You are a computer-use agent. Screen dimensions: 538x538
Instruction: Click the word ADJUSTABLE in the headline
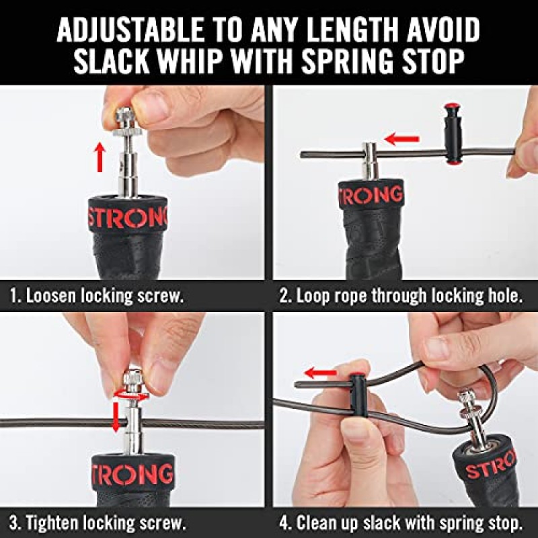(130, 30)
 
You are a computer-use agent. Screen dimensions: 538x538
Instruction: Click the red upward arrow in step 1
(100, 157)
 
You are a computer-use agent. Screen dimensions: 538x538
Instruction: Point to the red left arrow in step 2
(401, 139)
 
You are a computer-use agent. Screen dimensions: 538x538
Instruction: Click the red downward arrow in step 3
(116, 416)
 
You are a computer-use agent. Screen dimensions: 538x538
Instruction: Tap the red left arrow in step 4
(321, 373)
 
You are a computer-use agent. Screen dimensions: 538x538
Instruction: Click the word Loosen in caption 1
(52, 296)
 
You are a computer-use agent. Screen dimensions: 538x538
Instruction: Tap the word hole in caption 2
(502, 295)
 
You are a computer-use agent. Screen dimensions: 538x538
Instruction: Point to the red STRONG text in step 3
(132, 473)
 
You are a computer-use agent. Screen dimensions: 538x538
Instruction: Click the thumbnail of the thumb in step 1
(149, 104)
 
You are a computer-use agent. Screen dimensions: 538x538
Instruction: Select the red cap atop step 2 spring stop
(452, 104)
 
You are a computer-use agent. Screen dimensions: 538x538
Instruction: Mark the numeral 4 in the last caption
(284, 523)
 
